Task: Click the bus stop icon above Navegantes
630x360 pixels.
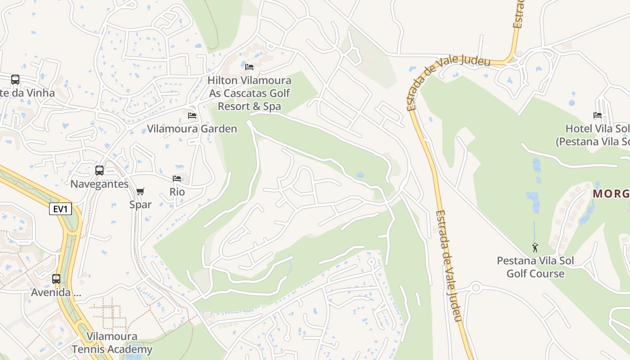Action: (x=99, y=171)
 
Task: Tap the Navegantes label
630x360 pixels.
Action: (x=99, y=184)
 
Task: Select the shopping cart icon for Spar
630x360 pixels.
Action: (x=140, y=192)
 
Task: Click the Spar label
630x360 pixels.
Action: (x=140, y=204)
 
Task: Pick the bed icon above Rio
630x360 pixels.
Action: (x=177, y=179)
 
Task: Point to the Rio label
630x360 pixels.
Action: (x=177, y=192)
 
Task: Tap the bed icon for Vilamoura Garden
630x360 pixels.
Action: (x=192, y=116)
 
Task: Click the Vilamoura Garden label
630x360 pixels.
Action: (x=192, y=129)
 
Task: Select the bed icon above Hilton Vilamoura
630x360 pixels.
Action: (x=249, y=67)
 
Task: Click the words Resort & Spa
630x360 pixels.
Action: (x=249, y=107)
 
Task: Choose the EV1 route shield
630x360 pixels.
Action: (x=60, y=209)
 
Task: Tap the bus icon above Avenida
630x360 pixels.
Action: (x=56, y=279)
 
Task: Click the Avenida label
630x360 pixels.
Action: (x=56, y=292)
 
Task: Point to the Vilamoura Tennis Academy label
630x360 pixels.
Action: (x=112, y=343)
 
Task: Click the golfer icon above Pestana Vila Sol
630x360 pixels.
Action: (x=535, y=247)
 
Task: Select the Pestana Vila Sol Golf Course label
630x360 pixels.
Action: (x=535, y=267)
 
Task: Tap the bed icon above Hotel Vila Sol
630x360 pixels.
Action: (x=598, y=115)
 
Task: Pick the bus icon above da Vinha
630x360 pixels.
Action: (x=15, y=80)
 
